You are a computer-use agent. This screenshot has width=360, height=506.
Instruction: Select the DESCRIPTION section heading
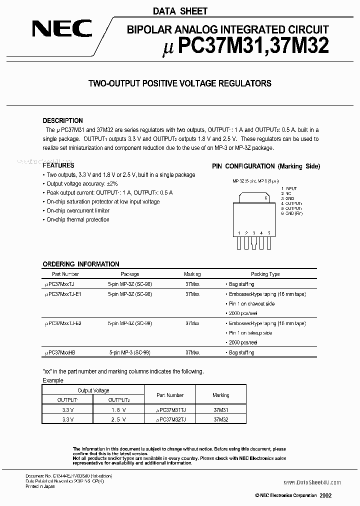coord(63,120)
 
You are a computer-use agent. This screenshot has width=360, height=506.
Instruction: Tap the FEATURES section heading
coord(58,165)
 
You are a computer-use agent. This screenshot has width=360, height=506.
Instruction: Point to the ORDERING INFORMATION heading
coord(81,264)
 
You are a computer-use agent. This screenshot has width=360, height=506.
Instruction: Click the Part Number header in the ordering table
coord(65,274)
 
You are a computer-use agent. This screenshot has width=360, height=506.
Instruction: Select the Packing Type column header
coord(265,274)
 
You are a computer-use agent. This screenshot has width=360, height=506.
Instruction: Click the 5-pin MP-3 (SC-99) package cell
coord(129,352)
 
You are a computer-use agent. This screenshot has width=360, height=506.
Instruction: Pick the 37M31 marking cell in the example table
coord(220,409)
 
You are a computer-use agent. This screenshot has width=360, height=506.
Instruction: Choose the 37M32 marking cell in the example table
coord(220,419)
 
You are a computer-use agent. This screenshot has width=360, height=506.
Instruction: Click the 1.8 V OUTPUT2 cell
coord(118,409)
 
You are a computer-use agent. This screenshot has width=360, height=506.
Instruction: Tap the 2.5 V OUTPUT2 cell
coord(118,419)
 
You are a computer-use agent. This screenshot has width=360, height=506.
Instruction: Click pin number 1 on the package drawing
coord(239,233)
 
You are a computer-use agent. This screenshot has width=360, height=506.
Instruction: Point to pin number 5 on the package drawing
coord(269,233)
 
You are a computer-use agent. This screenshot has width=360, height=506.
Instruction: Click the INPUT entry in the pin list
coord(291,189)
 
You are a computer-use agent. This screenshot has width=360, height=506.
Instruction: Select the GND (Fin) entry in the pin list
coord(294,213)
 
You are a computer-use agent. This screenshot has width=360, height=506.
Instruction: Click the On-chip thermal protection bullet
coord(78,219)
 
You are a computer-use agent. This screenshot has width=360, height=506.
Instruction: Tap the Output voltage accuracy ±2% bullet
coord(79,184)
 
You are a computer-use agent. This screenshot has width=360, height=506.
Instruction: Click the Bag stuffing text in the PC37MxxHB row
coord(241,352)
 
